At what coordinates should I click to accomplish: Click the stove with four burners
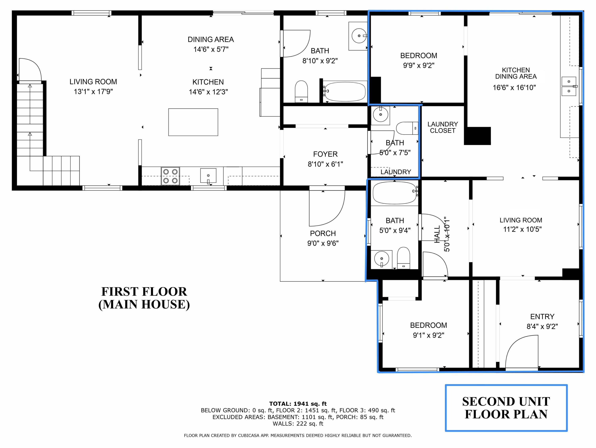point(170,176)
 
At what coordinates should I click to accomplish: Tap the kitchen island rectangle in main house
point(193,122)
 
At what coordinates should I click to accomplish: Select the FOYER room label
point(325,154)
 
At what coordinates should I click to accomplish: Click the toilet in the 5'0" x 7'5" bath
point(407,128)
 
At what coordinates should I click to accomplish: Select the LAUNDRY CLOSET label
point(442,127)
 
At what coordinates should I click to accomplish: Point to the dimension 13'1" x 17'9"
point(93,92)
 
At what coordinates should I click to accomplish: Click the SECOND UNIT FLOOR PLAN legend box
point(506,408)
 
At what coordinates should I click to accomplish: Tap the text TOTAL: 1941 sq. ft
point(298,404)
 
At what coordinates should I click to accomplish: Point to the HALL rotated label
point(437,234)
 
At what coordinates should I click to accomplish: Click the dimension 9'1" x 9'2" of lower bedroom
point(428,335)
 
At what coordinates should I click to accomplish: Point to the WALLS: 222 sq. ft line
point(298,424)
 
